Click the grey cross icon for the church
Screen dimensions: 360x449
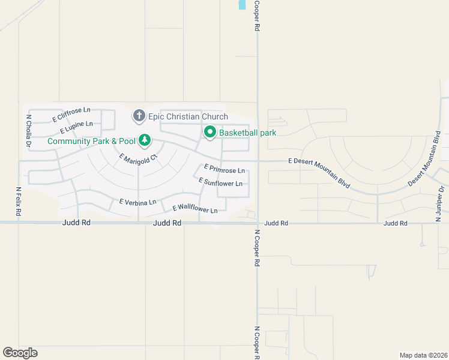click(139, 115)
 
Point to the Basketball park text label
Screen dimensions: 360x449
click(247, 133)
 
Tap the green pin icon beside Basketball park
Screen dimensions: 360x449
click(209, 132)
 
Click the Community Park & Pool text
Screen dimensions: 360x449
click(91, 142)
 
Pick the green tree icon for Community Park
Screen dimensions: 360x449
click(144, 140)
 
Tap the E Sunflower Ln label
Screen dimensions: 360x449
click(220, 182)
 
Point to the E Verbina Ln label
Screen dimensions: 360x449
click(137, 202)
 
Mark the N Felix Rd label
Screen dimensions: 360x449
click(19, 201)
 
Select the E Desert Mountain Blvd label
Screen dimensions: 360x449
click(318, 171)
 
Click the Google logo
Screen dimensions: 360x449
click(20, 353)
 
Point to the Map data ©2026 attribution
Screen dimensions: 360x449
click(423, 355)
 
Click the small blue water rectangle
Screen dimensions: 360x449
click(242, 4)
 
